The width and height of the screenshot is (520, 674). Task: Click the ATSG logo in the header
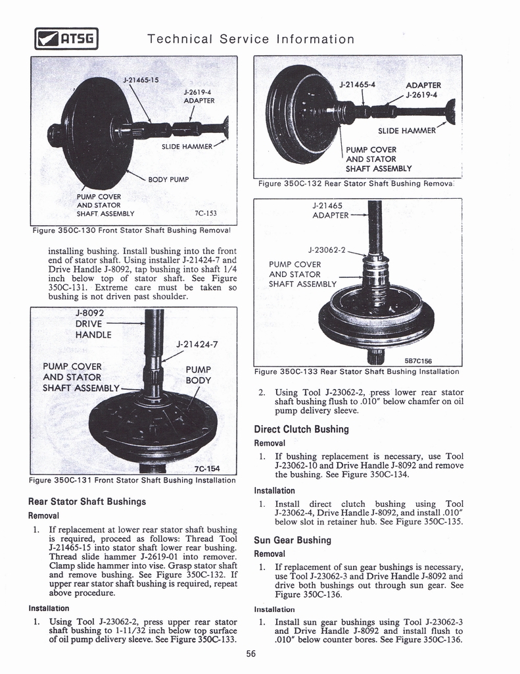coord(66,40)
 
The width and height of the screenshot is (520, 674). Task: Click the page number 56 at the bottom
coord(251,654)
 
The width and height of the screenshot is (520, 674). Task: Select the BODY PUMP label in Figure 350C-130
coord(169,179)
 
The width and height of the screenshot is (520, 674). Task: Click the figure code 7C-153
coord(206,213)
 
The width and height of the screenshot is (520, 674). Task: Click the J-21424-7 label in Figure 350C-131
coord(197,344)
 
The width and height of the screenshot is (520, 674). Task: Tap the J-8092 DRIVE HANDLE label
coord(93,324)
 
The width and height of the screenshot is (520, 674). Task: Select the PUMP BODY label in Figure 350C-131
coord(198,375)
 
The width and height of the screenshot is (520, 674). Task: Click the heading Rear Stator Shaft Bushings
coord(87,502)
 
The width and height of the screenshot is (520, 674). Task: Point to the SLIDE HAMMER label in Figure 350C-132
coord(406,130)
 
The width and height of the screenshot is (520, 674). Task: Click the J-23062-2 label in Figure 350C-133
coord(327,249)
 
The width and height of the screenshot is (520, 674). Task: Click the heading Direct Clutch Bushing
coord(301,429)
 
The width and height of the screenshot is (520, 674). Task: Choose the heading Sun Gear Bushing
coord(293,540)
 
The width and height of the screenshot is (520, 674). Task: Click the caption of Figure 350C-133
coord(356,371)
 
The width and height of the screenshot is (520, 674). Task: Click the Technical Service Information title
coord(251,39)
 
